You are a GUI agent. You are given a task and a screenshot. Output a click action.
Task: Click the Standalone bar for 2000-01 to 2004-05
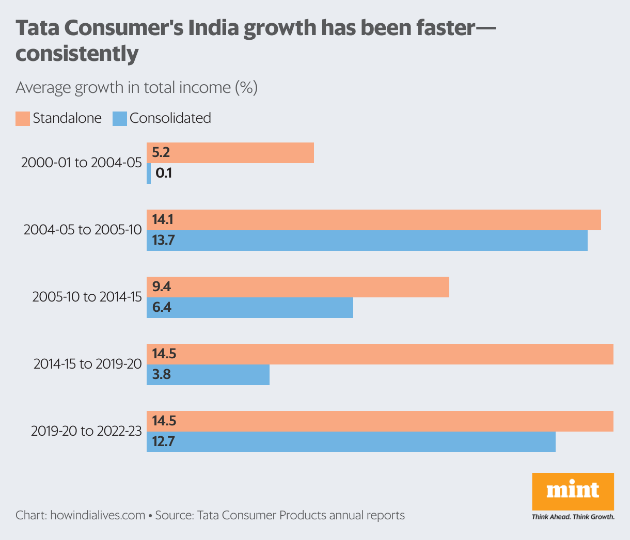pos(230,153)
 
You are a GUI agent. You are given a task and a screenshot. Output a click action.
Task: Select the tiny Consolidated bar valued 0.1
pos(149,173)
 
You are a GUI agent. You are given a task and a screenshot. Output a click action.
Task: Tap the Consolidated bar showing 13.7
pos(367,241)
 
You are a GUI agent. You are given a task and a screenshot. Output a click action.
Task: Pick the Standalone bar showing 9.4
pos(297,287)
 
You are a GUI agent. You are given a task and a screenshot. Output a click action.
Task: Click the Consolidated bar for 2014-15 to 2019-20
pos(208,375)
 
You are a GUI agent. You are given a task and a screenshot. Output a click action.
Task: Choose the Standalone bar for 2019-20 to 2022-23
pos(380,421)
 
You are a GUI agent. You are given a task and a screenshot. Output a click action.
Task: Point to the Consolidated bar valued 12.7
pos(351,442)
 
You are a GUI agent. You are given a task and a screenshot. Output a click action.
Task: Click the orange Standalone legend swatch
pos(22,119)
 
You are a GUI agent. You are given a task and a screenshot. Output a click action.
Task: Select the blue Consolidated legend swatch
pos(120,119)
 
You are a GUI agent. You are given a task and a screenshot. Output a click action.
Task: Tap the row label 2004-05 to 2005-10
pos(83,230)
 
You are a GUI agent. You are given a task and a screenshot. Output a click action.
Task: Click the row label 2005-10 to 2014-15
pos(87,297)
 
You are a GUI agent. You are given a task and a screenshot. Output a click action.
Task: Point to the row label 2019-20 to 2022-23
pos(86,431)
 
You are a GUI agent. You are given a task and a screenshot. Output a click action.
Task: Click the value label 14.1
pos(163,220)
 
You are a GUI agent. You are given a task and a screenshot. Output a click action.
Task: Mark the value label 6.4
pos(162,308)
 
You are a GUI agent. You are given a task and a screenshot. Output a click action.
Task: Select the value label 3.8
pos(162,375)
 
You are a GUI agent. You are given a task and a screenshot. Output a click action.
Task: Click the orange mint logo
pos(573,490)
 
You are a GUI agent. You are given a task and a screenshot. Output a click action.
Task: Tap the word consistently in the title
pos(77,54)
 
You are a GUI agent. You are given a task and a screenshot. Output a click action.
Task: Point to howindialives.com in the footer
pos(98,515)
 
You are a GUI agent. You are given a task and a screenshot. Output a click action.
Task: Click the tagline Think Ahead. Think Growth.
pos(573,517)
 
